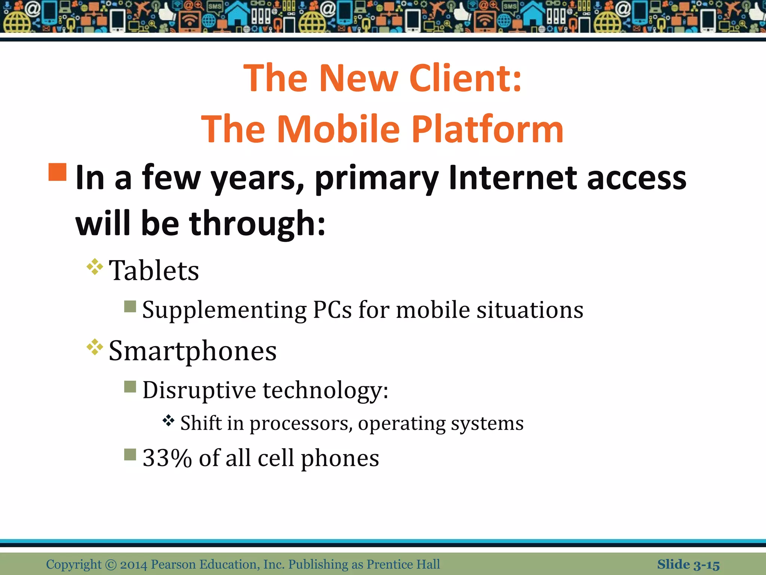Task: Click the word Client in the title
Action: pyautogui.click(x=466, y=78)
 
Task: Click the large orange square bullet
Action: pyautogui.click(x=58, y=172)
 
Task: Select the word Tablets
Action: pyautogui.click(x=154, y=270)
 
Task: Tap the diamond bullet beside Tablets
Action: pyautogui.click(x=95, y=267)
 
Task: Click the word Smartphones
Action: pyautogui.click(x=193, y=351)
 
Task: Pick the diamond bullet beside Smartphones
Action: pyautogui.click(x=95, y=347)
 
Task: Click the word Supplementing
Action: pyautogui.click(x=224, y=310)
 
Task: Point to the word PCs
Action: pyautogui.click(x=332, y=310)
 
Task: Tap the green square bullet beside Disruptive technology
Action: pyautogui.click(x=130, y=386)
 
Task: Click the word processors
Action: pyautogui.click(x=301, y=423)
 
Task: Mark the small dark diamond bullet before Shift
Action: pyautogui.click(x=169, y=421)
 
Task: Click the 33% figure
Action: pyautogui.click(x=167, y=458)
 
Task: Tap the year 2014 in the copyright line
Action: pyautogui.click(x=134, y=565)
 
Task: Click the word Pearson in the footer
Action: pyautogui.click(x=173, y=565)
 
